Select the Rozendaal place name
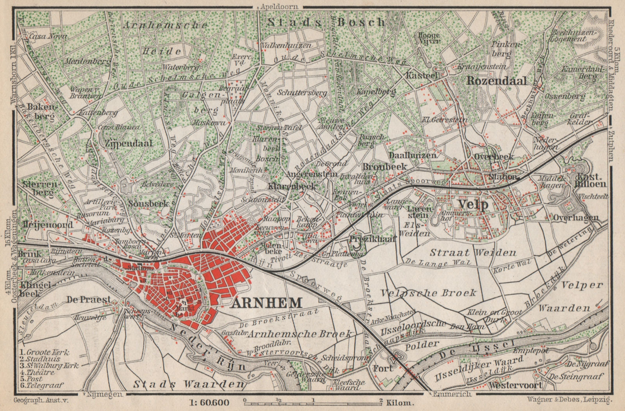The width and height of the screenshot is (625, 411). coord(502,81)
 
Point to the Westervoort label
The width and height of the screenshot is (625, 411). coord(515,385)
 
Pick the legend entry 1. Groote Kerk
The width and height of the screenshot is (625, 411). coord(44,352)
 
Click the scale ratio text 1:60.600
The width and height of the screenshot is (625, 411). coord(211,403)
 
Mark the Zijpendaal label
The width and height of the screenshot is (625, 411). coord(129,143)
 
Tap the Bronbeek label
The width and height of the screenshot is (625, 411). coord(385,166)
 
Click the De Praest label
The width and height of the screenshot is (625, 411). coord(89,300)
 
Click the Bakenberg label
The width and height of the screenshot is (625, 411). coord(40,111)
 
